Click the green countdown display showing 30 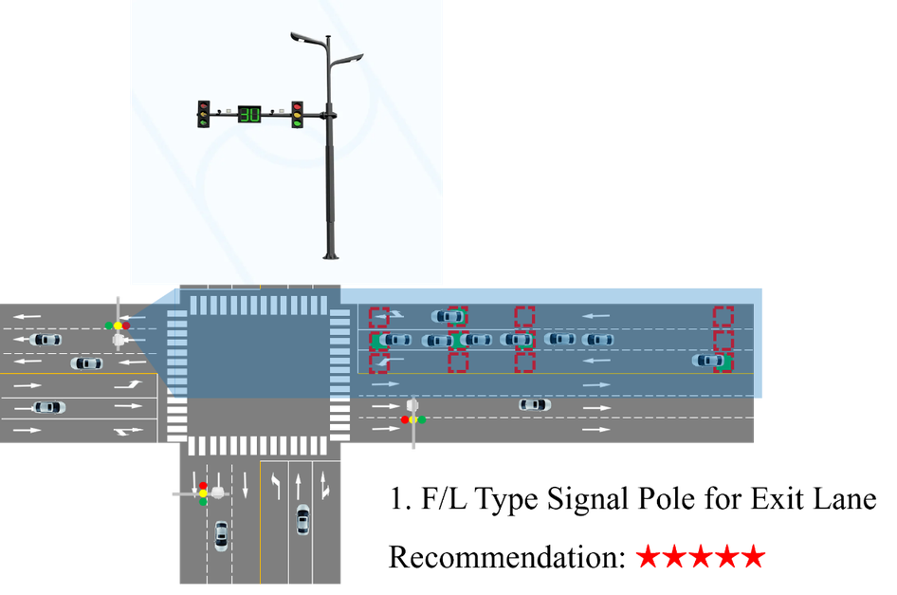click(249, 115)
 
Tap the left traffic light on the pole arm click(203, 114)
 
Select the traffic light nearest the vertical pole click(297, 115)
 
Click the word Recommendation click(507, 557)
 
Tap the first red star click(649, 556)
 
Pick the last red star click(754, 556)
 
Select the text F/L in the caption click(444, 498)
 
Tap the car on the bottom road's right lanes click(302, 519)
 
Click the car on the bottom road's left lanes click(221, 536)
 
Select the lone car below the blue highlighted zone click(535, 405)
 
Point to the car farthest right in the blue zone click(709, 361)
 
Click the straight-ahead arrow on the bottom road click(298, 486)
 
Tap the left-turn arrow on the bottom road click(276, 487)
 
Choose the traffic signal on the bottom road click(203, 493)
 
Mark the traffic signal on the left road click(118, 325)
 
